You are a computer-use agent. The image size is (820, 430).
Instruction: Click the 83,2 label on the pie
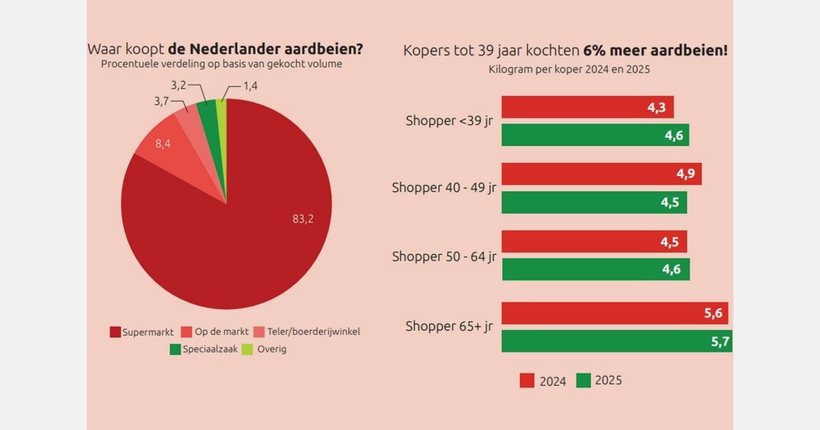point(302,218)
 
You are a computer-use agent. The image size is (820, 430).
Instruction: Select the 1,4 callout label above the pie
point(251,86)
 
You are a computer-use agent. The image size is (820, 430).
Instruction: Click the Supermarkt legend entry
point(141,332)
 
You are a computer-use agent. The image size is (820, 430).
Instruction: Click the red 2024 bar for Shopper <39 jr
point(587,107)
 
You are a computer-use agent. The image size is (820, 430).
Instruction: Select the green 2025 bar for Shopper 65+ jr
point(616,341)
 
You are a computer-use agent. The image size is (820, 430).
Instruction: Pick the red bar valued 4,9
point(601,174)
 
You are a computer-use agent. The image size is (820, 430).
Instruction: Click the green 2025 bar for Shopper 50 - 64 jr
point(595,269)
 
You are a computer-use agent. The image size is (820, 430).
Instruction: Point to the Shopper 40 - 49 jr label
point(443,188)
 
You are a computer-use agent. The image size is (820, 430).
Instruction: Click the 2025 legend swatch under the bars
point(584,380)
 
